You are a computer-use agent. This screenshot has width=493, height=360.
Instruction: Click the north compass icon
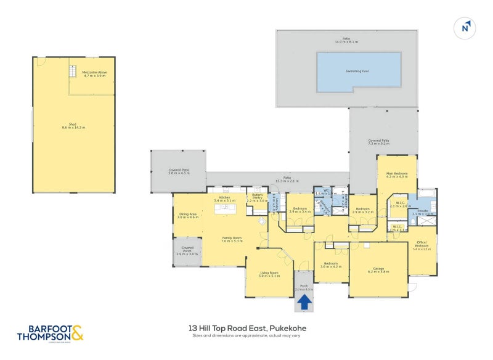point(467,27)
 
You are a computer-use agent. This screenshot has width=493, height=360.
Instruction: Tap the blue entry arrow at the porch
point(303,302)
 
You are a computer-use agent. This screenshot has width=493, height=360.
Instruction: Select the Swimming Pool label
point(358,71)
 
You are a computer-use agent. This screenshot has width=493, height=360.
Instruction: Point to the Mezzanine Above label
point(95,74)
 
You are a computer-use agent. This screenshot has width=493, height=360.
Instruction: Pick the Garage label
point(378,269)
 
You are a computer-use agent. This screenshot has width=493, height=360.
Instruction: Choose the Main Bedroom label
point(397,174)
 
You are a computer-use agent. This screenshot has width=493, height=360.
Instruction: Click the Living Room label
point(269,274)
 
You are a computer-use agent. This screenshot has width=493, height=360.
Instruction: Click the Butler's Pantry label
point(258,197)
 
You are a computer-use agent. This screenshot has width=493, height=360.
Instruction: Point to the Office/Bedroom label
point(422,247)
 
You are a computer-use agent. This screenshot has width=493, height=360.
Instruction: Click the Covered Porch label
point(187,252)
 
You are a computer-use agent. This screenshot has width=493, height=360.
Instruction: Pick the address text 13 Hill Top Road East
point(247,329)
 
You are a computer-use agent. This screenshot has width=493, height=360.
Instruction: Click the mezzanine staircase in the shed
point(73,72)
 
